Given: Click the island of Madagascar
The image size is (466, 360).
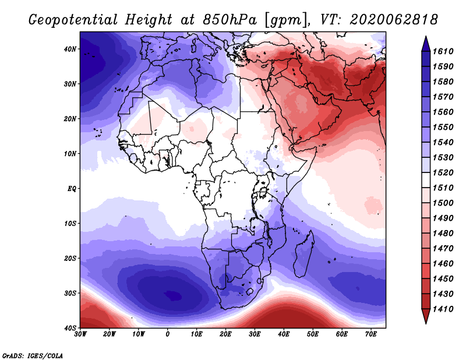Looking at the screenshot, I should coord(303,256).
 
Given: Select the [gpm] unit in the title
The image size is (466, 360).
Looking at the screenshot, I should coord(284,20).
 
